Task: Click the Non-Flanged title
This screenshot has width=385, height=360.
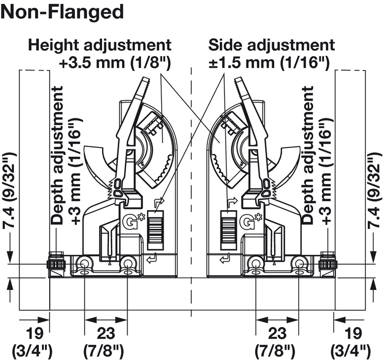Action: [63, 12]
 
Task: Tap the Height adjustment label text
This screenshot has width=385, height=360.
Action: [100, 45]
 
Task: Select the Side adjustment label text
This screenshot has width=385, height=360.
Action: [272, 45]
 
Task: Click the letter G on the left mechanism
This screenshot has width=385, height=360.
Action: [128, 221]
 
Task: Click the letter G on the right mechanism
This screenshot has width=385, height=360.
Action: [247, 222]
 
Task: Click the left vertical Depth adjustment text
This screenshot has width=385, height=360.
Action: [58, 155]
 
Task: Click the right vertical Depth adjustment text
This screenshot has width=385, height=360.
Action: [308, 155]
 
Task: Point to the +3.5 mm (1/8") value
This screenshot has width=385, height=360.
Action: [114, 63]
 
